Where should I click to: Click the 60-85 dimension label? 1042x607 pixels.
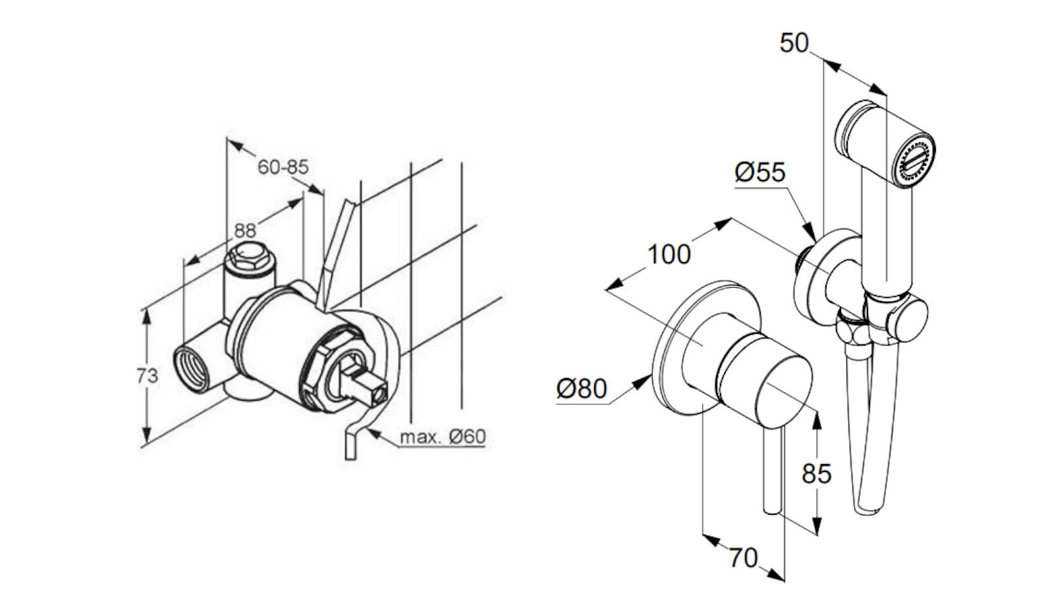tap(283, 167)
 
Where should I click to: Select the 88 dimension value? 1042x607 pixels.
tap(244, 230)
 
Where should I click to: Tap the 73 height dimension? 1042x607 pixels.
tap(147, 376)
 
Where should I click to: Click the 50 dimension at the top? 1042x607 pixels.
tap(794, 43)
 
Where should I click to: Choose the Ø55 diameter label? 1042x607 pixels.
tap(760, 172)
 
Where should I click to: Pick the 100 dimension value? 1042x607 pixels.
tap(669, 253)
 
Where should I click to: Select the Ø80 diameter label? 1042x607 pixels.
tap(581, 388)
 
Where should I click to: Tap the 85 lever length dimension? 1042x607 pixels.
tap(816, 473)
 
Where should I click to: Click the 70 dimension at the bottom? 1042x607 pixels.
tap(743, 558)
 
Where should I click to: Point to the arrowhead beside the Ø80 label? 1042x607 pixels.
tap(644, 381)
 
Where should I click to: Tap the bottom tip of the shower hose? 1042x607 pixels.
tap(867, 509)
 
